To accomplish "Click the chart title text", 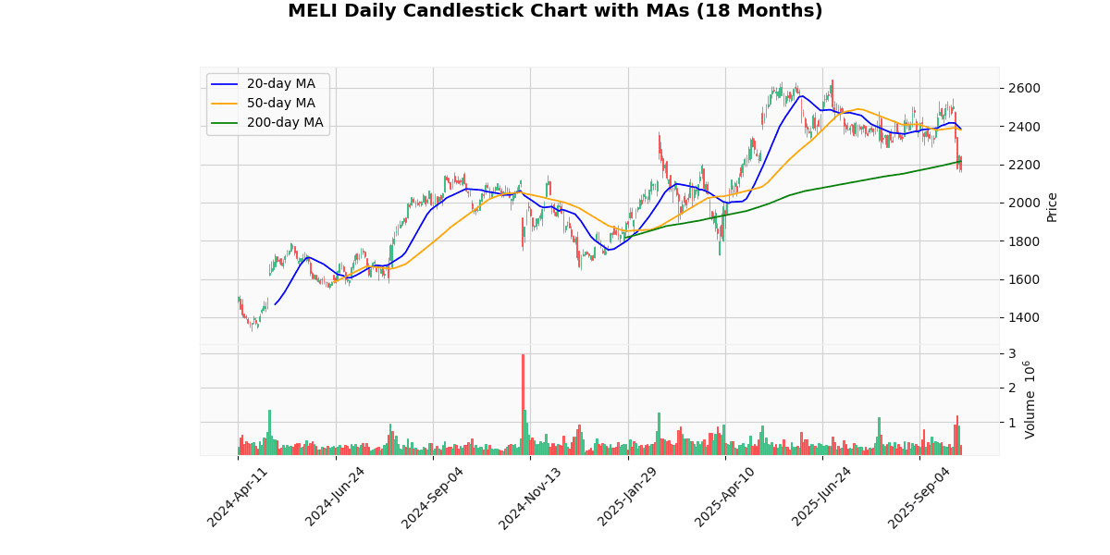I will [x=555, y=11].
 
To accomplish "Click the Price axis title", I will [x=1052, y=206].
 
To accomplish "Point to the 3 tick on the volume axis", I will [x=1012, y=354].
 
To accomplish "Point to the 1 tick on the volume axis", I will [x=1012, y=423].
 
